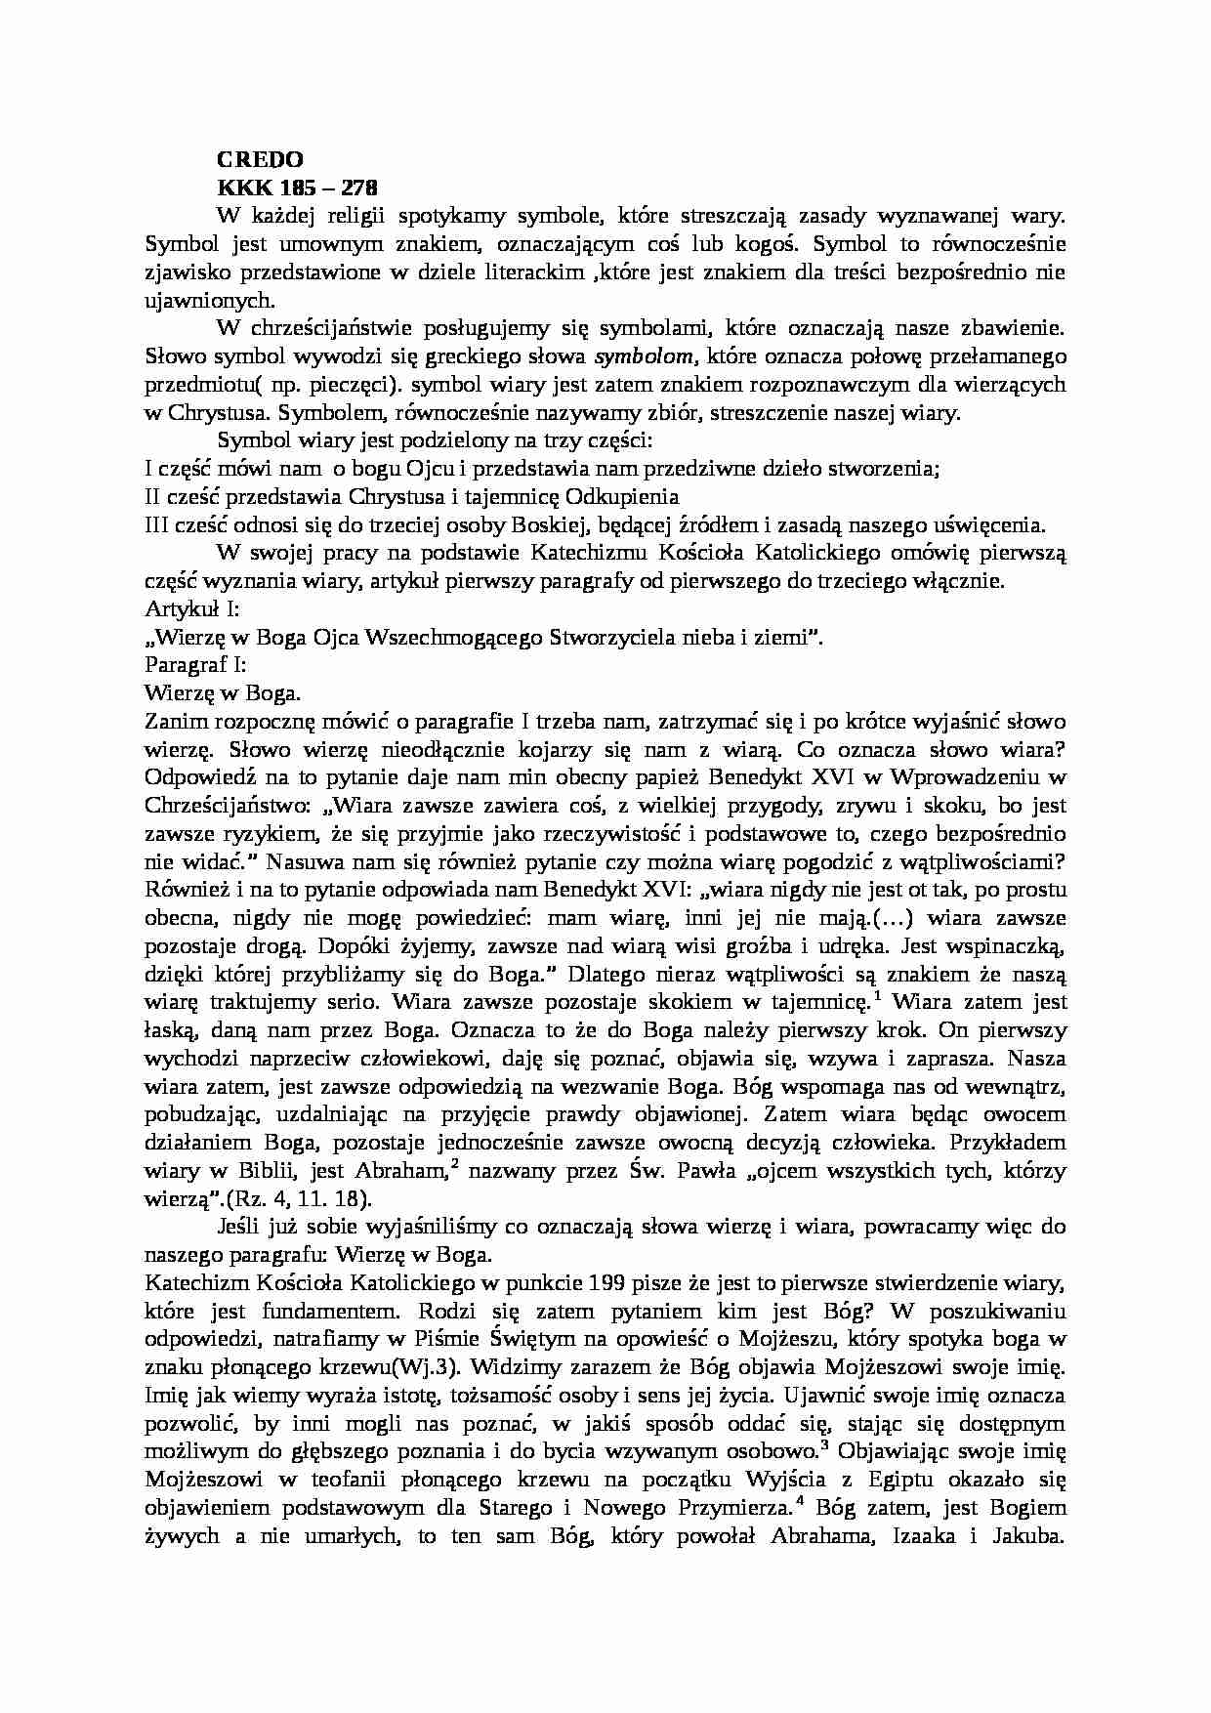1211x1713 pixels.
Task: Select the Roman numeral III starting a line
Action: click(156, 524)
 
